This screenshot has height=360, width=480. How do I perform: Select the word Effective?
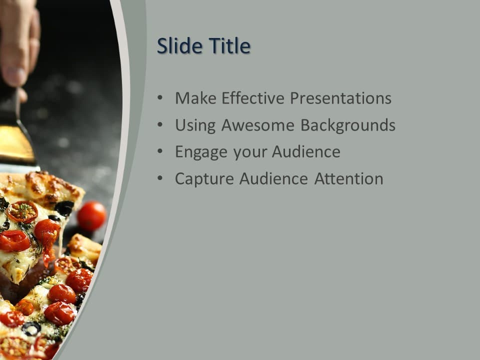(253, 98)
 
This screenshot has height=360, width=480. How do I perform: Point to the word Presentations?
(340, 98)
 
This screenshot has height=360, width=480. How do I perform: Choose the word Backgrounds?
(348, 125)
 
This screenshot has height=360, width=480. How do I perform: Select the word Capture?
(204, 179)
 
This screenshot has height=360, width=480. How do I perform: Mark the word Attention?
(348, 179)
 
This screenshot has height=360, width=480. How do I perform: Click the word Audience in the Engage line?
(305, 152)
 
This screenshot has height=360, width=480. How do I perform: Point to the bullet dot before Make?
(159, 98)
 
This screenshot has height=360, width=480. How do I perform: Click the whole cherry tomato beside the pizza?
(91, 216)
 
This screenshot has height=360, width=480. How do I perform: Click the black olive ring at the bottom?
(31, 328)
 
